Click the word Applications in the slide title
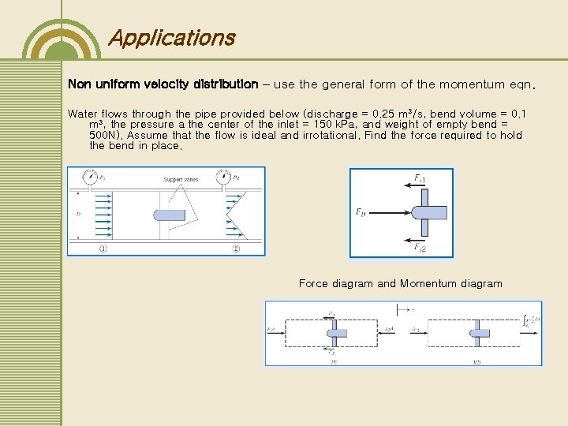[170, 38]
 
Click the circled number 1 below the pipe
[103, 249]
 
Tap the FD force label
[361, 211]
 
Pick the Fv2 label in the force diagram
[420, 247]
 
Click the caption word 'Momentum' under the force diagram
[429, 284]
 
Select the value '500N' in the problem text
[105, 136]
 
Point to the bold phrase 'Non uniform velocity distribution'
[163, 84]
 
